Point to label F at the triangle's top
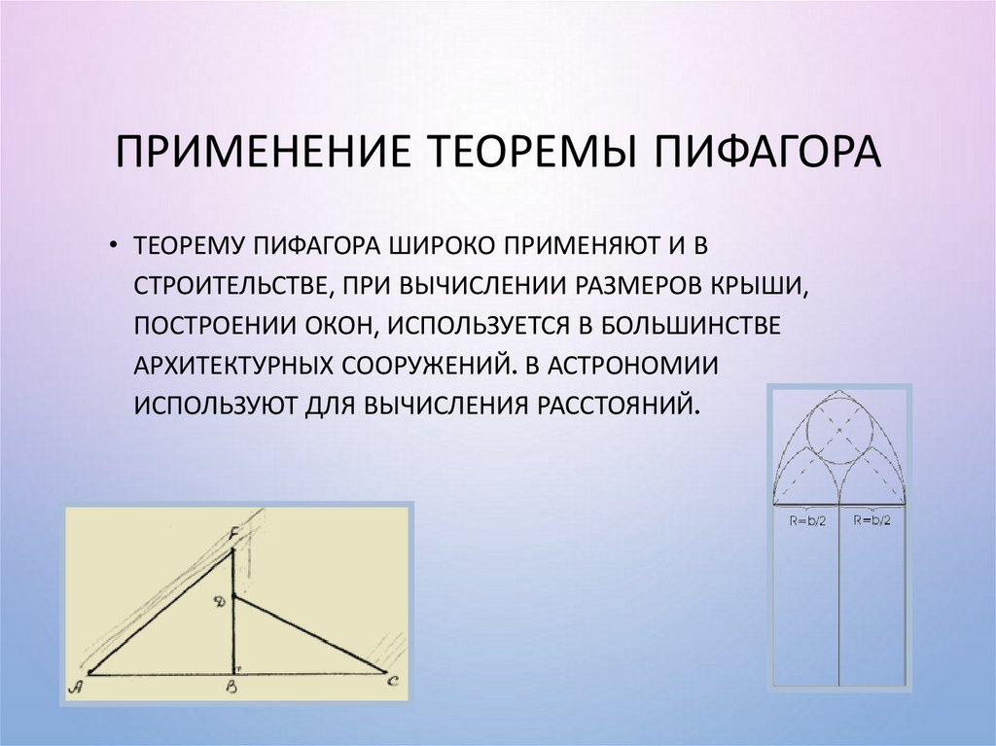(234, 534)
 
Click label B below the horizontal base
(233, 688)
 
